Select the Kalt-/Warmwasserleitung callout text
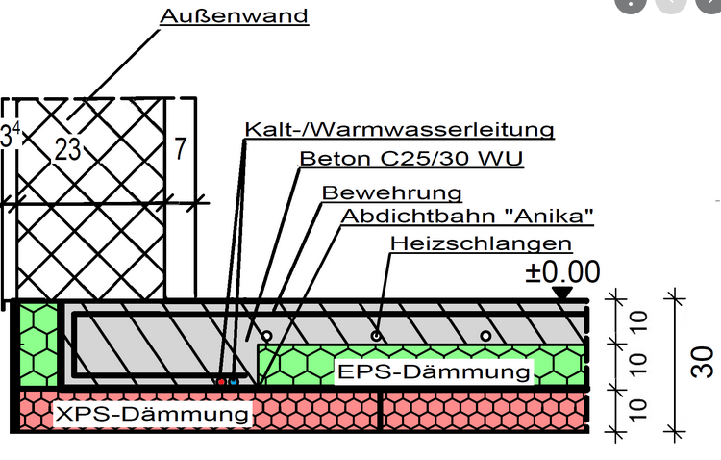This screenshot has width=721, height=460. click(x=399, y=129)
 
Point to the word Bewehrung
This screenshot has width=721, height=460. click(x=392, y=192)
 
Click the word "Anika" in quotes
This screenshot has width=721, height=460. click(x=546, y=216)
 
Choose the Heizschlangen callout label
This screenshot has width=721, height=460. click(x=480, y=243)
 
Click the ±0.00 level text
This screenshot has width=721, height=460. click(x=562, y=272)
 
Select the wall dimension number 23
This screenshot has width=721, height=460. click(x=68, y=149)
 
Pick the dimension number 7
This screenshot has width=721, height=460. click(x=180, y=149)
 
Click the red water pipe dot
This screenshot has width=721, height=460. click(x=221, y=382)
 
